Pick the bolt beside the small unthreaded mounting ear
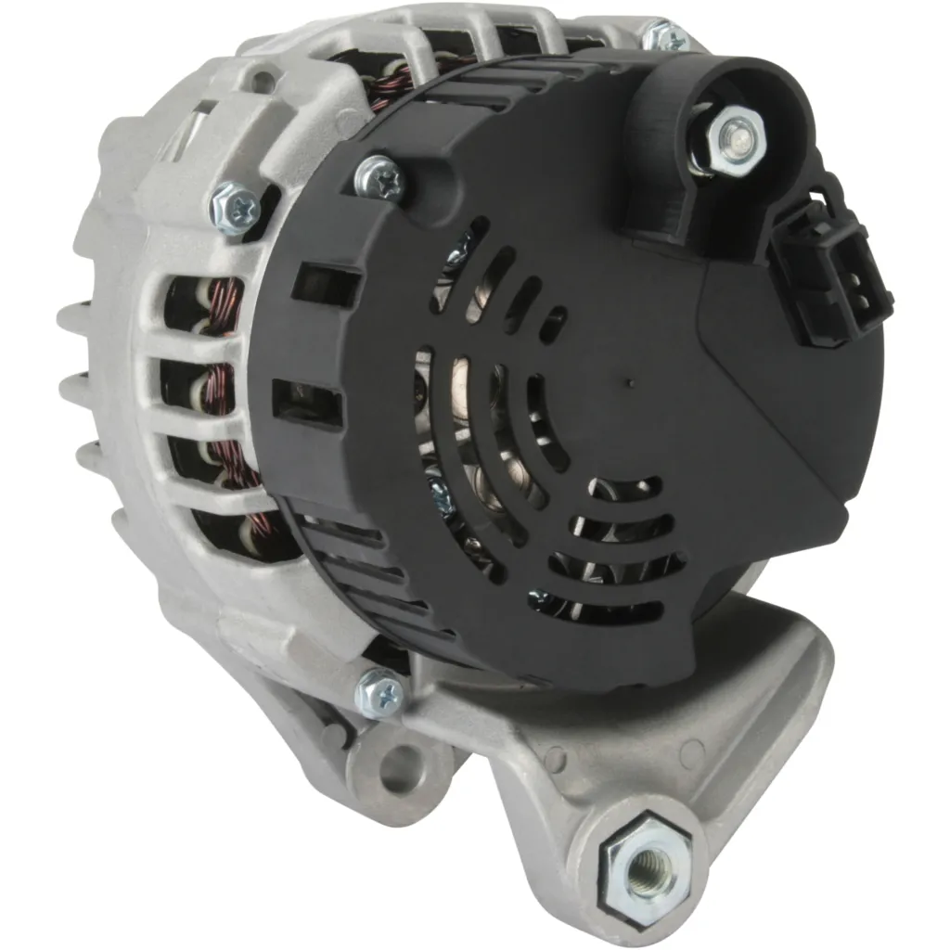tap(381, 691)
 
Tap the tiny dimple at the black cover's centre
tap(631, 382)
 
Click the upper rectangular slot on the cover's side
tap(326, 285)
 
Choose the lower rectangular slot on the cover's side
tap(306, 403)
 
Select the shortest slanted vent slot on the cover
tap(552, 324)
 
